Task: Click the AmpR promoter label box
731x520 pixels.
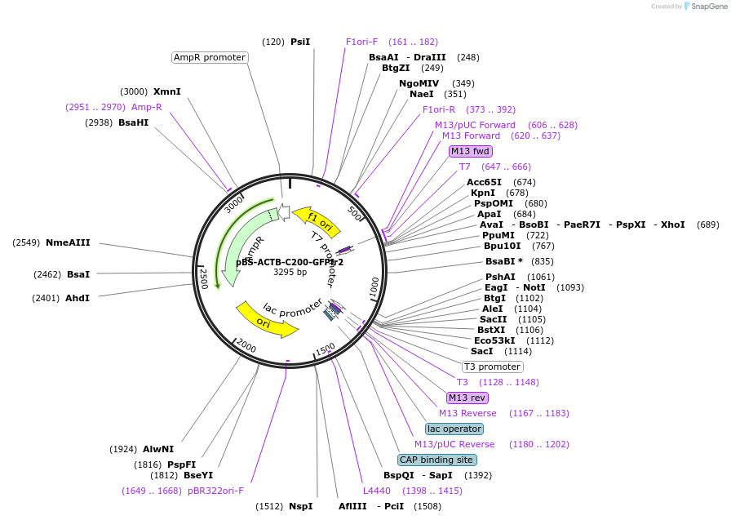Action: pos(210,57)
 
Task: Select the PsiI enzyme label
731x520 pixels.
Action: pos(300,42)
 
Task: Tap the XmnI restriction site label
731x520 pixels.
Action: pos(167,91)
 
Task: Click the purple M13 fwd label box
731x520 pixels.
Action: pos(471,151)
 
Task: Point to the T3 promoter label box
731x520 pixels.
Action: pos(492,367)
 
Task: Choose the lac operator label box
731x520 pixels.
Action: pos(454,429)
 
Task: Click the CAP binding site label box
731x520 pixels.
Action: pos(436,460)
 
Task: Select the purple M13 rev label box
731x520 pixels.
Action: pos(467,398)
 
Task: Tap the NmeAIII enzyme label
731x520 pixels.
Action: pos(68,242)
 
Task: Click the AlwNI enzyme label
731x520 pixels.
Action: pos(158,449)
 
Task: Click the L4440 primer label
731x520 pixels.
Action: pos(377,491)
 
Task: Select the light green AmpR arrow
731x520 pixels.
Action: pos(245,245)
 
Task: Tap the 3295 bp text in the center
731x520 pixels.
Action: pos(290,272)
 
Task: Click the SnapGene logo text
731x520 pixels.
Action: pos(707,7)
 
